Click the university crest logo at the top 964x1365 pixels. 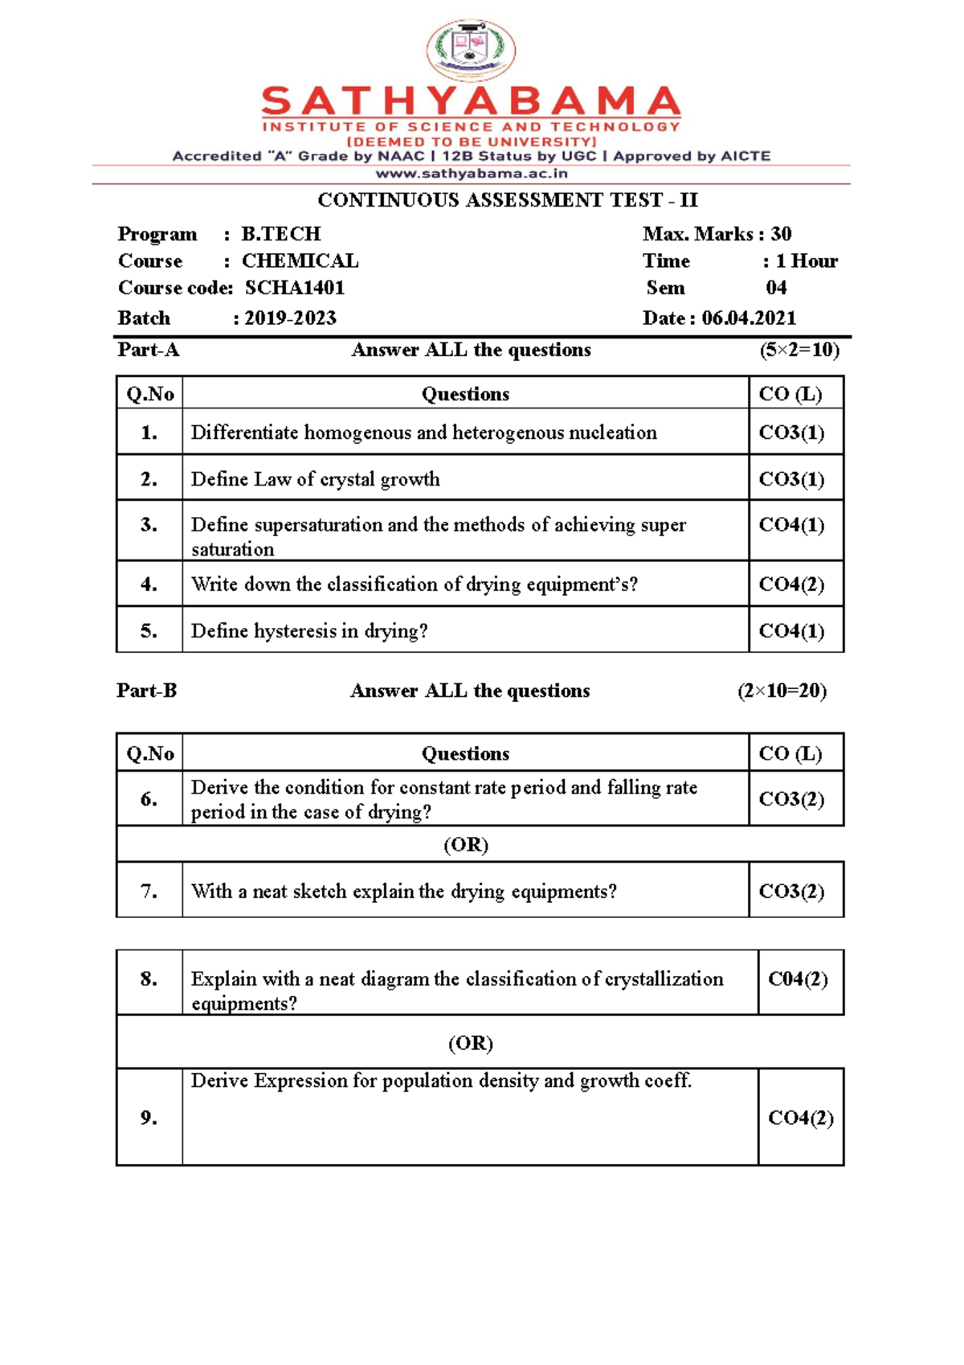pos(471,49)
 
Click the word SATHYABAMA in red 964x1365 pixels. pos(471,102)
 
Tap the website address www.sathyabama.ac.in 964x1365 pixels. pos(472,173)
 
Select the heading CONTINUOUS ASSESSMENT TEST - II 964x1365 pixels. pos(508,199)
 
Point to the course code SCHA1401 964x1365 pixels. pos(295,288)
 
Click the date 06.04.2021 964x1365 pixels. pos(749,318)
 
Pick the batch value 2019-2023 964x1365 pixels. pos(290,318)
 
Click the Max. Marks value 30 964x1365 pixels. pos(781,234)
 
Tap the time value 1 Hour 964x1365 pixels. pos(806,261)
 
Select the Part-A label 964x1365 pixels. pos(148,350)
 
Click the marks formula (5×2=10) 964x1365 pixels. pos(799,350)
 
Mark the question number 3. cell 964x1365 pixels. pos(149,525)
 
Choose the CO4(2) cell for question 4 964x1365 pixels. pos(791,584)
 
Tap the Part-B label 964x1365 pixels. pos(146,691)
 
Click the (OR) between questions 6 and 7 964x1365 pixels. pos(466,845)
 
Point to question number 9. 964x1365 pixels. pos(149,1117)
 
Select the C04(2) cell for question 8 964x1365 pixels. pos(797,979)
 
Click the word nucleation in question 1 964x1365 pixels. pos(613,432)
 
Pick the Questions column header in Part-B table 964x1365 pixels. pos(465,753)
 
